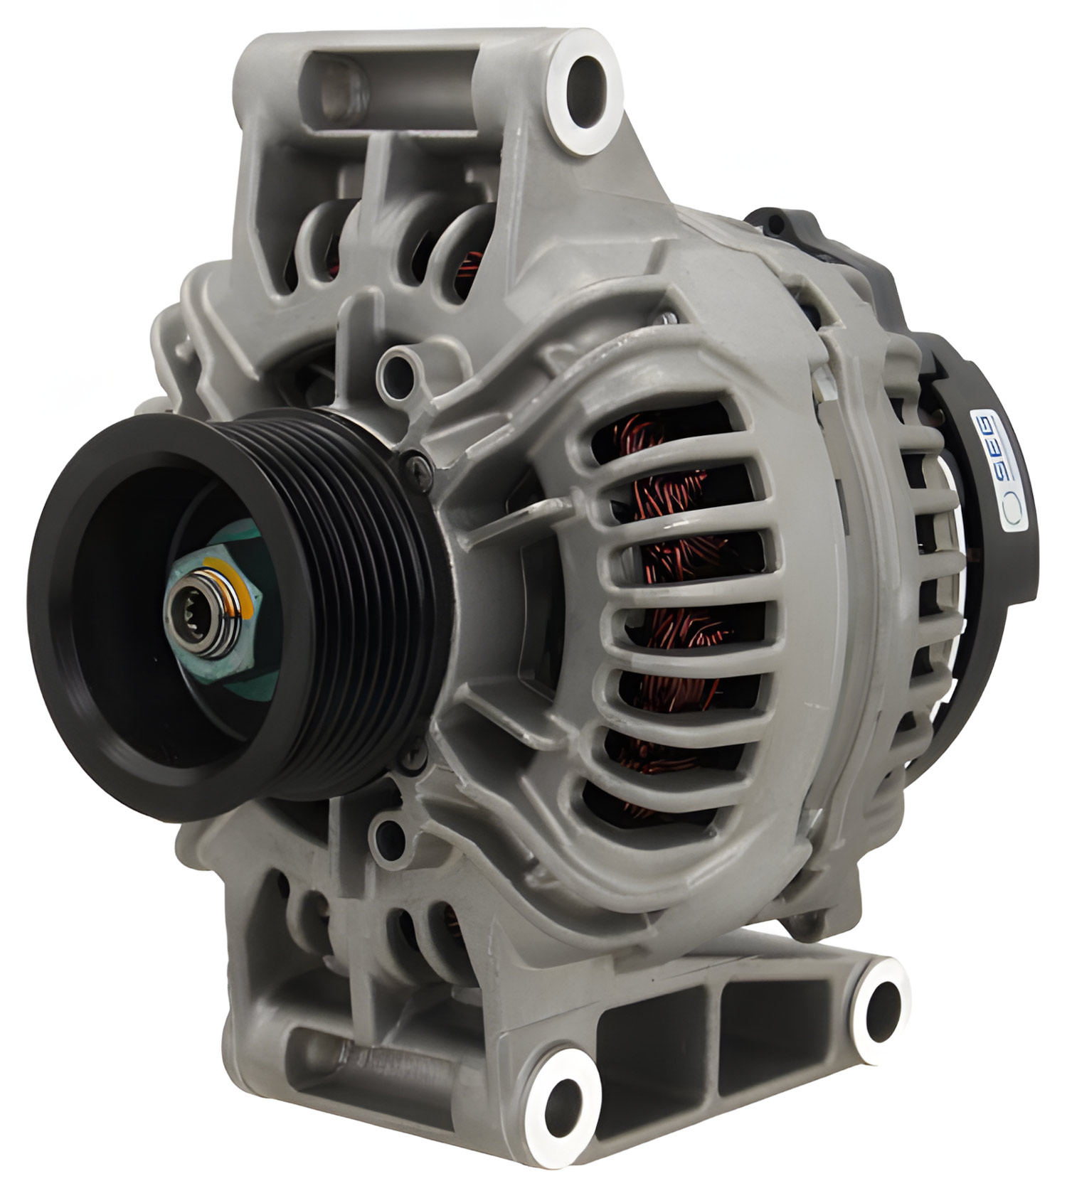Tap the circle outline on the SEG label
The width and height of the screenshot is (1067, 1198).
pyautogui.click(x=1011, y=510)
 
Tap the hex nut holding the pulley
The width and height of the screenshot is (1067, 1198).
pyautogui.click(x=213, y=611)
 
